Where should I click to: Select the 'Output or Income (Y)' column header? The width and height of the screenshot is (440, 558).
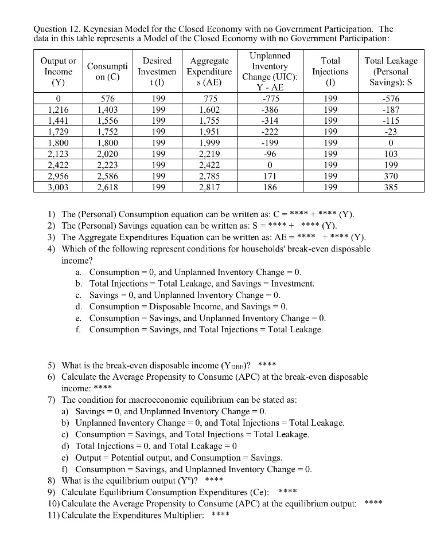click(x=58, y=72)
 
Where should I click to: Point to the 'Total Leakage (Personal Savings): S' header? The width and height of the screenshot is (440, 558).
click(x=391, y=72)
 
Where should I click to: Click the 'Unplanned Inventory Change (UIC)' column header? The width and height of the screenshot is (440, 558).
click(x=269, y=72)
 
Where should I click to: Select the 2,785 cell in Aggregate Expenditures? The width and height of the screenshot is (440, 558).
click(x=209, y=176)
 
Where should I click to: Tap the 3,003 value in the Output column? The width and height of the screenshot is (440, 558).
click(x=58, y=187)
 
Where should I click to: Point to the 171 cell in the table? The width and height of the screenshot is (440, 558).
click(x=270, y=176)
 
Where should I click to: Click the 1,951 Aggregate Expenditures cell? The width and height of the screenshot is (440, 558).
click(x=209, y=131)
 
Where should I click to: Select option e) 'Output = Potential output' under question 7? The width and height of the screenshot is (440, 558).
click(x=178, y=458)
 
